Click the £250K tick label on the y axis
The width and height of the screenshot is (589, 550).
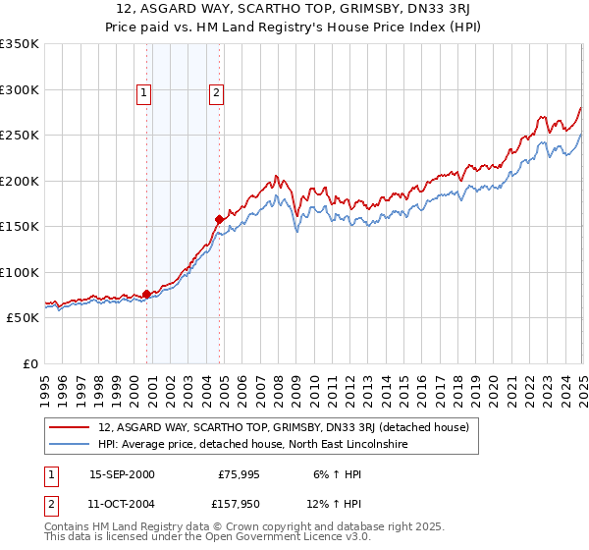(20, 136)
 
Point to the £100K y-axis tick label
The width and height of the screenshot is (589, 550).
(20, 272)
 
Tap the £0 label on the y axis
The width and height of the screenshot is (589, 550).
(28, 363)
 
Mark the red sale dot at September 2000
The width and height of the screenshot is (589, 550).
(146, 294)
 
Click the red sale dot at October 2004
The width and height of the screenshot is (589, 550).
(219, 219)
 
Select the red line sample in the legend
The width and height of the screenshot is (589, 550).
(70, 427)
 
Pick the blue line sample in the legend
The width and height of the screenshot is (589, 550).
(70, 444)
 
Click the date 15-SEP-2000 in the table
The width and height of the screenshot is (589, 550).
(122, 473)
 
